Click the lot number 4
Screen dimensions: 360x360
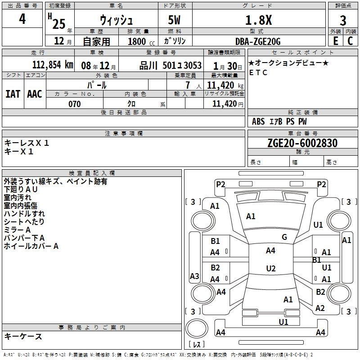pos(22,19)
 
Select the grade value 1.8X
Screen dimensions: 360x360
pos(258,20)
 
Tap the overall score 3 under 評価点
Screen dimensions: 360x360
pos(343,21)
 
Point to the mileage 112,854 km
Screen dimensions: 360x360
pos(53,65)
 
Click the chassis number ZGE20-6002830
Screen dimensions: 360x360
pos(302,143)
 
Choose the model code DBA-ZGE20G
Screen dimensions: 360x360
pos(258,41)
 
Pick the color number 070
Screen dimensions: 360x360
pos(74,104)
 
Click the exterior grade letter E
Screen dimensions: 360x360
pos(336,41)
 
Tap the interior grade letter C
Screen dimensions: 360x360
pos(350,41)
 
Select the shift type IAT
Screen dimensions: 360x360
pos(13,94)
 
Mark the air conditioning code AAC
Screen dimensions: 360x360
pos(35,94)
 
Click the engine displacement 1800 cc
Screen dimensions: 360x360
pos(141,41)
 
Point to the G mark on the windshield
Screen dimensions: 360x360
pos(284,237)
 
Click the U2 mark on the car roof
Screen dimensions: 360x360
pos(271,268)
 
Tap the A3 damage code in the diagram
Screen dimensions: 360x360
pos(194,276)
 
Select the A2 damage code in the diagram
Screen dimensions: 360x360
pos(320,308)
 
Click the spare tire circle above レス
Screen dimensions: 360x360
pos(197,328)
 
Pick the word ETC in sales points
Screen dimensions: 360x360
pos(258,72)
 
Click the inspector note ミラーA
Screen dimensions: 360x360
pos(17,230)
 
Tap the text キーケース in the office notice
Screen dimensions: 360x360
pos(23,337)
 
